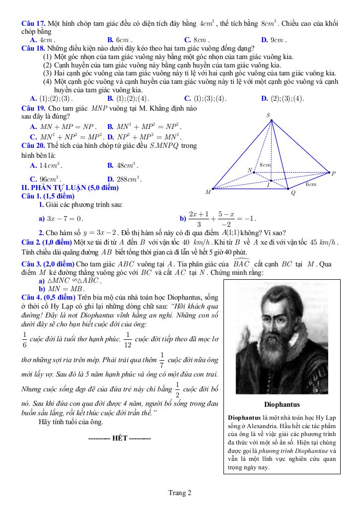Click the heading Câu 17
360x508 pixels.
coord(34,24)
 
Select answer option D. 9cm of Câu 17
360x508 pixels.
coord(274,40)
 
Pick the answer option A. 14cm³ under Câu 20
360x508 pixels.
coord(46,165)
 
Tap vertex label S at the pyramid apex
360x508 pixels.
coord(269,115)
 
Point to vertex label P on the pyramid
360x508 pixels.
coord(334,173)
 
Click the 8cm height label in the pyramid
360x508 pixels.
coord(265,165)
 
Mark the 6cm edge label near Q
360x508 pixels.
coord(311,184)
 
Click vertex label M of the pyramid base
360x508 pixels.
coord(208,191)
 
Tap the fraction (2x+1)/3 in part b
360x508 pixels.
coord(199,218)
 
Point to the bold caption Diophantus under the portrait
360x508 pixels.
coord(282,404)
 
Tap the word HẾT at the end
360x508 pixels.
coord(120,439)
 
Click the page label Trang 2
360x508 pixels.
coord(180,493)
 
